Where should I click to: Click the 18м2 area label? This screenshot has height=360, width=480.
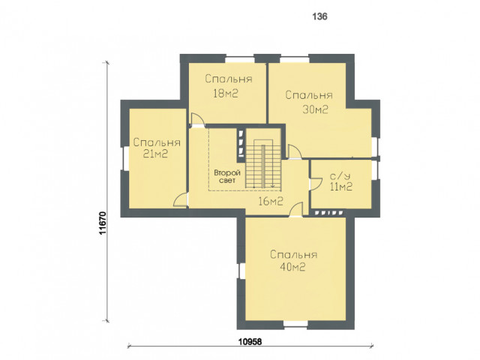point(226,93)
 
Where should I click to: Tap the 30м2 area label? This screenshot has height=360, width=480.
point(315,109)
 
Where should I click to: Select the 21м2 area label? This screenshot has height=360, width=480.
point(155,154)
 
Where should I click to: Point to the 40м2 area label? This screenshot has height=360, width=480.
point(292,267)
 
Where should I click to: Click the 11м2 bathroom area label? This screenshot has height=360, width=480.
point(341,187)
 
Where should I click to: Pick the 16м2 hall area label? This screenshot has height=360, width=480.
point(271,202)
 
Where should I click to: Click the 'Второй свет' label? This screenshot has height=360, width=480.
point(227,177)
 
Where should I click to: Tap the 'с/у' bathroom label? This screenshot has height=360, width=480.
point(340,176)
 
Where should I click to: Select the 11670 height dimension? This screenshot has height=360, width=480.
point(103,223)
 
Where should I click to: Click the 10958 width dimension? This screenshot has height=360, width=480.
point(250,341)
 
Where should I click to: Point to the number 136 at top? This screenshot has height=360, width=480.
point(320,16)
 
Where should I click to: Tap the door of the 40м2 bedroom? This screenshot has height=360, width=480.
point(296,209)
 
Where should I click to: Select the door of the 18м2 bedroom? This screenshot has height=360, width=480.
point(196,119)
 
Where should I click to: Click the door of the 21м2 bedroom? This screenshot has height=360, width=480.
point(180,200)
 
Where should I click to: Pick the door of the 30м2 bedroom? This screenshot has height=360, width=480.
point(295,151)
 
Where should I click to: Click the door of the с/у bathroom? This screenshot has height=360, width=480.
point(315,184)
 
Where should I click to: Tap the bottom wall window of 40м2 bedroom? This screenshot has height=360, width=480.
point(295,324)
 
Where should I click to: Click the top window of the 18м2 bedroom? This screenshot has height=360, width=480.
point(240,59)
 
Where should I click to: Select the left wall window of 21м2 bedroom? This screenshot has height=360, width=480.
point(125,158)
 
